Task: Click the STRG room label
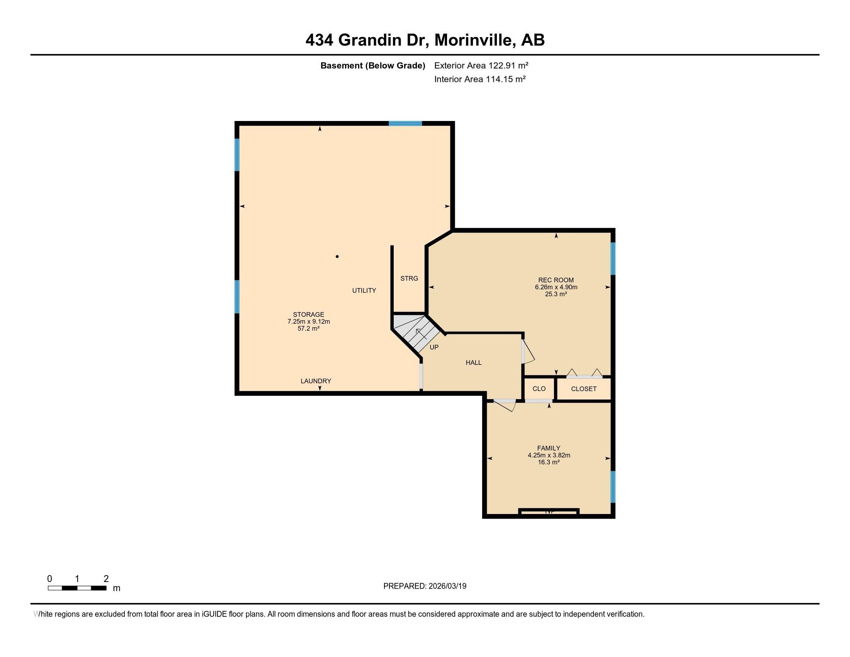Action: pyautogui.click(x=409, y=278)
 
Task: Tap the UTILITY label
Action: pyautogui.click(x=364, y=290)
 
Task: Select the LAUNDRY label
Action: pyautogui.click(x=316, y=381)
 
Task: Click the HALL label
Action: pyautogui.click(x=474, y=363)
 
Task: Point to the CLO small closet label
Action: pyautogui.click(x=539, y=388)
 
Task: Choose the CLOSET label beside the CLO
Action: pyautogui.click(x=583, y=388)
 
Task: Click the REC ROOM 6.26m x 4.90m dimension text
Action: pyautogui.click(x=556, y=287)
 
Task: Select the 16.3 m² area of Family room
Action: pyautogui.click(x=548, y=462)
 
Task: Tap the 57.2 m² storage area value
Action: pyautogui.click(x=308, y=328)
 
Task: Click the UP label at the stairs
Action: pyautogui.click(x=434, y=347)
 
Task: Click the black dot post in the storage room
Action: pyautogui.click(x=337, y=257)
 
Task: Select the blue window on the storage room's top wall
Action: pyautogui.click(x=405, y=123)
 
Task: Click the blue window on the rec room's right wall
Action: pyautogui.click(x=613, y=259)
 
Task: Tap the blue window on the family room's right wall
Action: pyautogui.click(x=613, y=487)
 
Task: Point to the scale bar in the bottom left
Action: pyautogui.click(x=77, y=588)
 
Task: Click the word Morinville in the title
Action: pyautogui.click(x=473, y=40)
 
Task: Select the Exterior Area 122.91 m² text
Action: pyautogui.click(x=481, y=65)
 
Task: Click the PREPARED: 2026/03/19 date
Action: pyautogui.click(x=425, y=586)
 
